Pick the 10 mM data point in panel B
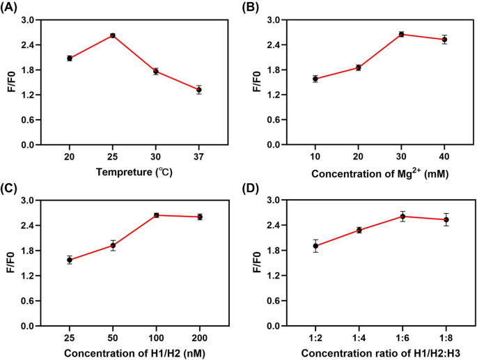point(315,79)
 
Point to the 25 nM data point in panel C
point(70,260)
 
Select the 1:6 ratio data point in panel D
point(402,216)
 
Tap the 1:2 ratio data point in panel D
point(316,246)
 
